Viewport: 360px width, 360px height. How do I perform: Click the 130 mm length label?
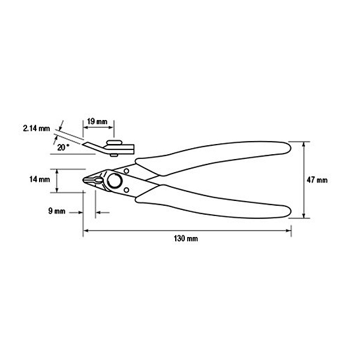coord(185,239)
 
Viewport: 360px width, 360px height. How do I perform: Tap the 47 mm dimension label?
coord(317,180)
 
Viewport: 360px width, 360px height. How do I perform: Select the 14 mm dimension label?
coord(40,179)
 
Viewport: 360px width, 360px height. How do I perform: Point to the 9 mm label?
coord(57,211)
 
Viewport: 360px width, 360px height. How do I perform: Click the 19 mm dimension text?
coord(97,121)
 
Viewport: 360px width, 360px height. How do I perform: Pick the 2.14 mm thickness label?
coord(36,128)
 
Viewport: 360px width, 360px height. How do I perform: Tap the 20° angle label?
coord(63,147)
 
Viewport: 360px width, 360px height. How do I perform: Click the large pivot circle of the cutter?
coord(115,181)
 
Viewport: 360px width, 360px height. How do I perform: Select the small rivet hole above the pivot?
coord(126,171)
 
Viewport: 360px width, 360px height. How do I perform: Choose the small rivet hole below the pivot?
coord(126,190)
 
